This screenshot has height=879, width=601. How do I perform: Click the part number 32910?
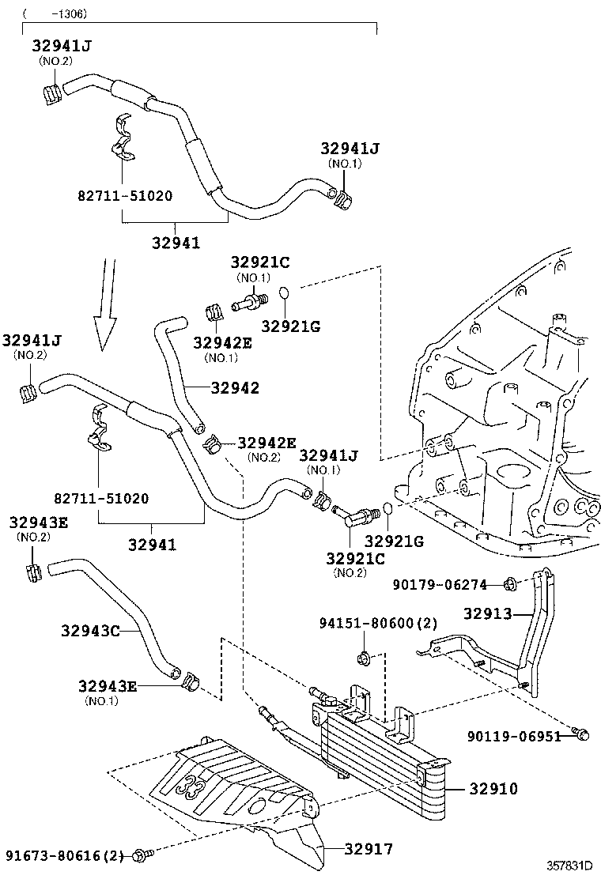click(493, 788)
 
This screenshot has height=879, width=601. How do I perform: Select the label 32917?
click(368, 849)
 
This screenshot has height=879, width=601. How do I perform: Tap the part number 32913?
click(488, 613)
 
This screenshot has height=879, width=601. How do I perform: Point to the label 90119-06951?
click(514, 736)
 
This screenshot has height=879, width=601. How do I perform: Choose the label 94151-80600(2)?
click(379, 624)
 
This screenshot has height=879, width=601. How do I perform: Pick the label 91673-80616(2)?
click(65, 855)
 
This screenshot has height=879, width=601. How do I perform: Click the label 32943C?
click(90, 631)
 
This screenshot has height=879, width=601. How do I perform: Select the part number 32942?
click(235, 388)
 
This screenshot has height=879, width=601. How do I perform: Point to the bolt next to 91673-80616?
click(142, 854)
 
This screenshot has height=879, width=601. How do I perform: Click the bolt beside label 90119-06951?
click(581, 735)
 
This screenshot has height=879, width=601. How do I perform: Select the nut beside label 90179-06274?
click(510, 585)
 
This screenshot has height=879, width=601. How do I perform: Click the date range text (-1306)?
click(55, 14)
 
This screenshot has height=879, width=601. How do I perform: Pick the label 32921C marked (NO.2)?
click(355, 558)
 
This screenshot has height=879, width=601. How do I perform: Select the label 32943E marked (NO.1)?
click(108, 686)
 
